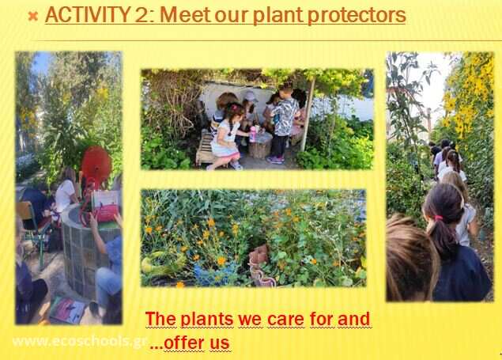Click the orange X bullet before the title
(x=33, y=16)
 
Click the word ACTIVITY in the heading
(x=88, y=15)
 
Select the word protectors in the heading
(x=357, y=16)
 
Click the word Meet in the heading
(x=185, y=15)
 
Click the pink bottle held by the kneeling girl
(x=253, y=134)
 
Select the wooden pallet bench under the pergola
(x=205, y=150)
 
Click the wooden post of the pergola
(x=308, y=115)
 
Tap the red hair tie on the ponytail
(x=438, y=218)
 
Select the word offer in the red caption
(x=183, y=343)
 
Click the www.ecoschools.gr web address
(x=80, y=342)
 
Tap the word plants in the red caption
(x=207, y=320)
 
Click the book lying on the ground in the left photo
(x=67, y=310)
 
